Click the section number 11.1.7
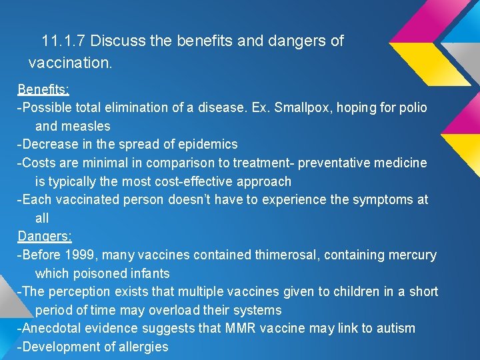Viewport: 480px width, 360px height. pyautogui.click(x=63, y=41)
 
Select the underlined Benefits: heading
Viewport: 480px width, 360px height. pyautogui.click(x=43, y=89)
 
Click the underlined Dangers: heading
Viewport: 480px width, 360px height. pyautogui.click(x=45, y=237)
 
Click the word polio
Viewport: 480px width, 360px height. pyautogui.click(x=413, y=107)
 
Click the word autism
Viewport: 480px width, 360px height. pyautogui.click(x=395, y=328)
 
